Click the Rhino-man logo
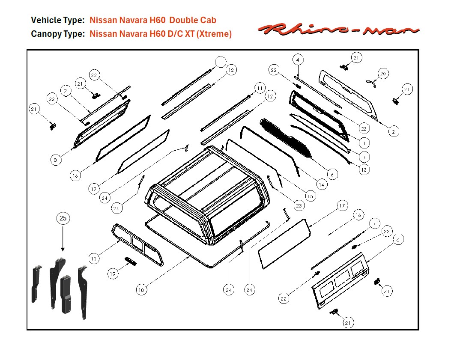338,30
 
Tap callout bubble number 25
63,219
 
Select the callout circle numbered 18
141,290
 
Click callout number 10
94,258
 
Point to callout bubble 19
113,274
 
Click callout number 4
298,59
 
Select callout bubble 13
364,170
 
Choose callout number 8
55,160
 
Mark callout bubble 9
65,91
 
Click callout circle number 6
398,240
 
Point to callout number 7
374,223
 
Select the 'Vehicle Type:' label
58,20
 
